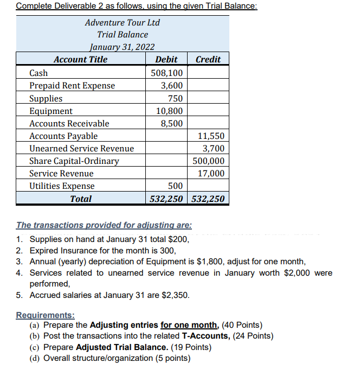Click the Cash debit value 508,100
tap(168, 73)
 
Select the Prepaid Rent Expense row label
tap(72, 85)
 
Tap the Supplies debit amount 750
tap(175, 98)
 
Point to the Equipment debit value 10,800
tap(170, 111)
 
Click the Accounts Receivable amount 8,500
tap(172, 123)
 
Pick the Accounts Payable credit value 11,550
tap(209, 136)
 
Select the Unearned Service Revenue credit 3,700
tap(213, 148)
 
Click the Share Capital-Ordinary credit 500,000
tap(209, 161)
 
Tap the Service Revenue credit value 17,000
tap(211, 173)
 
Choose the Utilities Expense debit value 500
tap(175, 186)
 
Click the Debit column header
tap(166, 59)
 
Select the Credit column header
tap(208, 59)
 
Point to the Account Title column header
tap(81, 59)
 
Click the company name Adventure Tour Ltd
tap(123, 22)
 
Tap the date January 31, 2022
tap(123, 47)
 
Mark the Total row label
tap(81, 199)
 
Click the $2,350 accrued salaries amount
tap(177, 295)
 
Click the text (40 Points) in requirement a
tap(242, 325)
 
